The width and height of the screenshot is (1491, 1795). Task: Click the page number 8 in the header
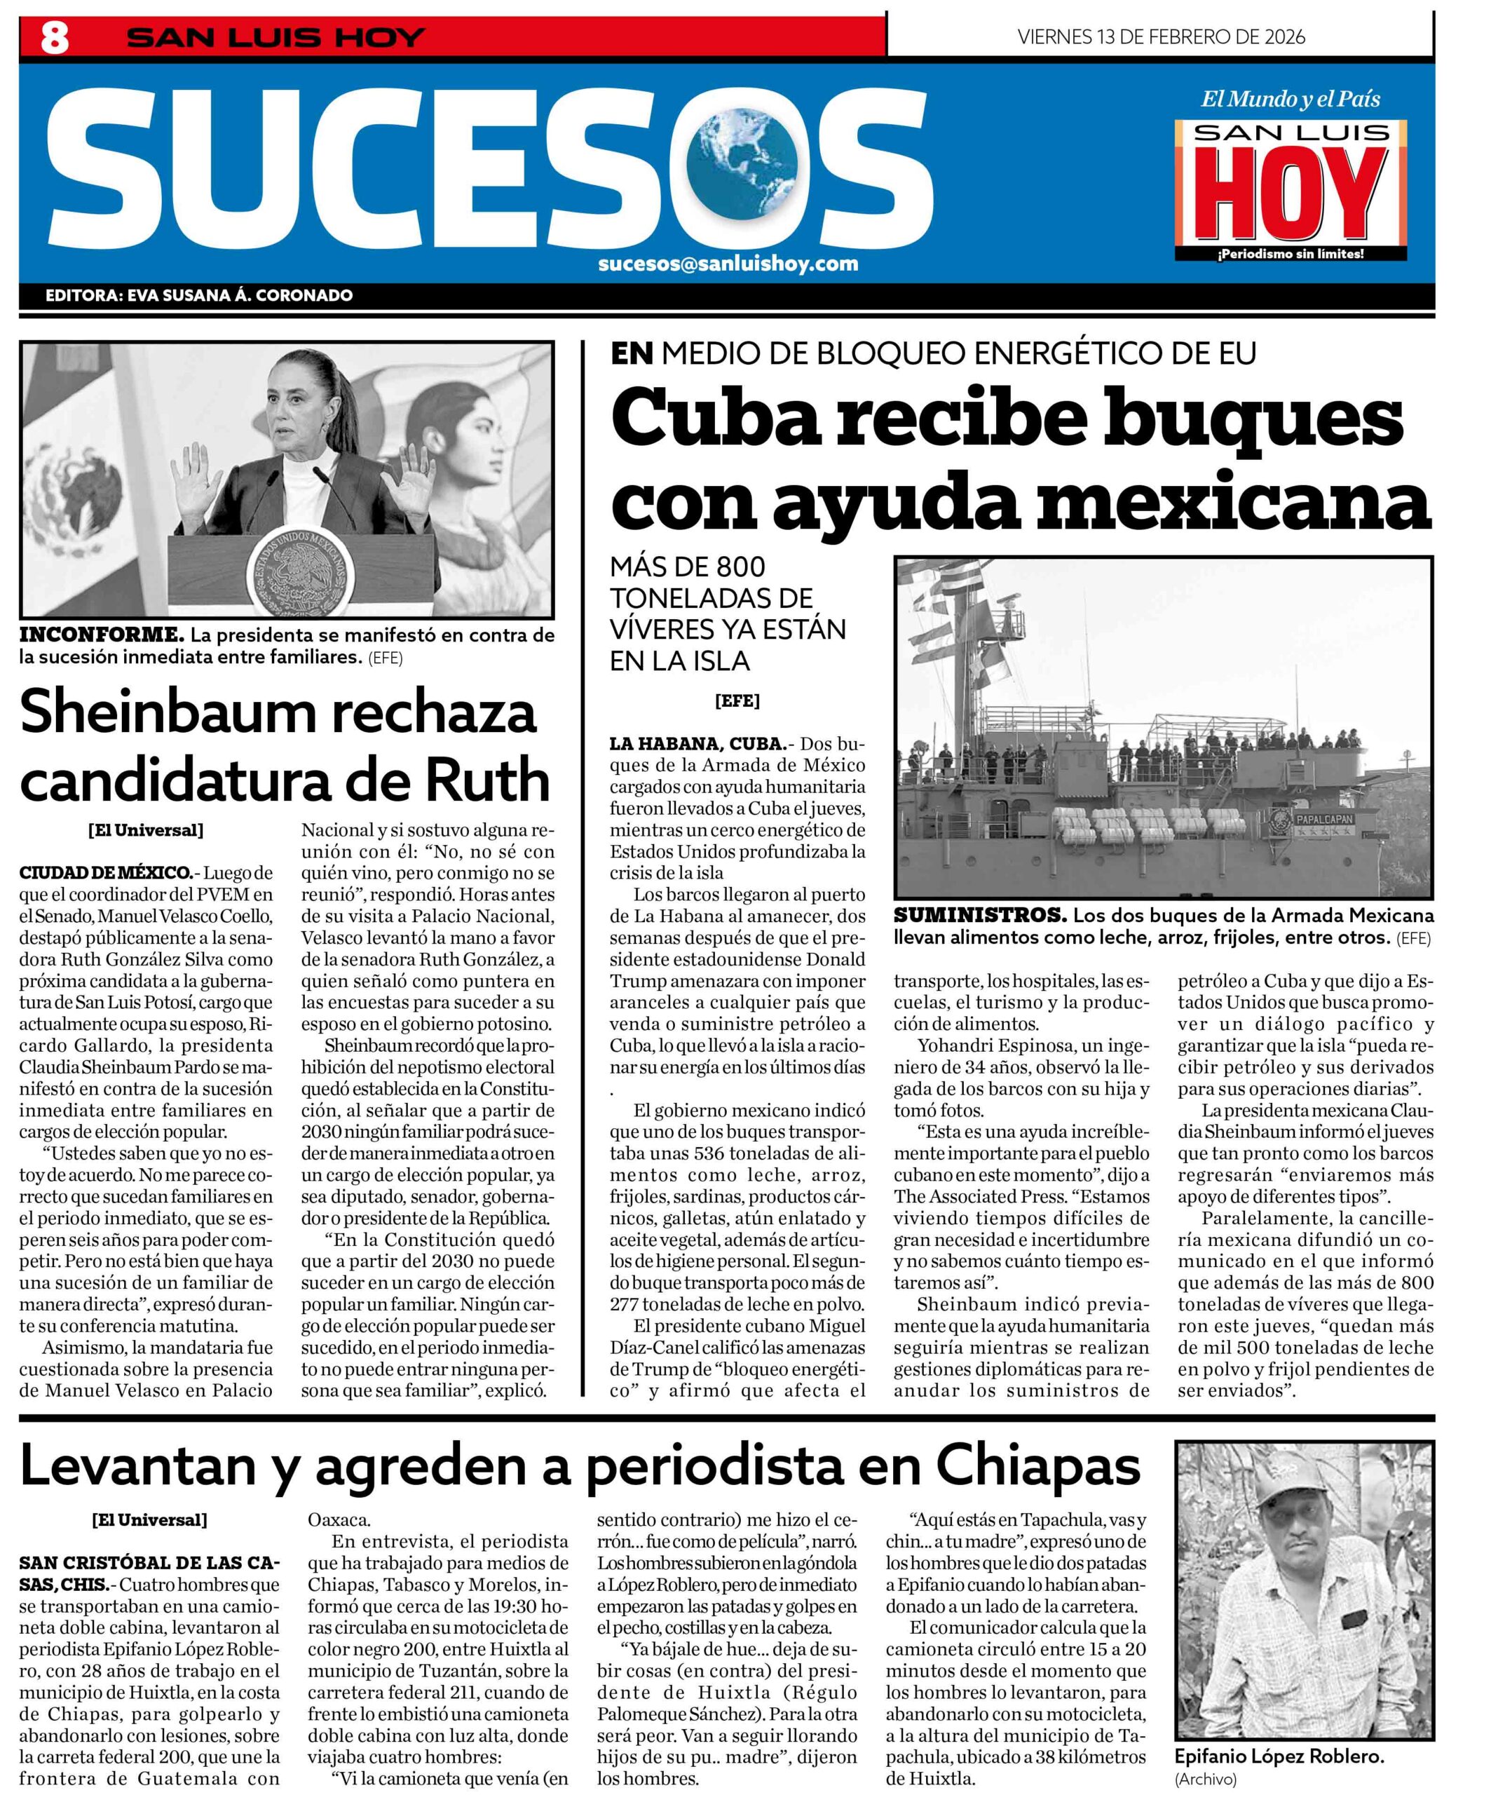(x=55, y=38)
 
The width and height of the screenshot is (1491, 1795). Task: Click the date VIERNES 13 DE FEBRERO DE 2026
(x=1162, y=36)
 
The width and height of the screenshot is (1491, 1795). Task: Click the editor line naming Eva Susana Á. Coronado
(x=199, y=296)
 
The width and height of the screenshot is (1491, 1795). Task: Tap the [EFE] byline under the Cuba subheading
(x=737, y=701)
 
